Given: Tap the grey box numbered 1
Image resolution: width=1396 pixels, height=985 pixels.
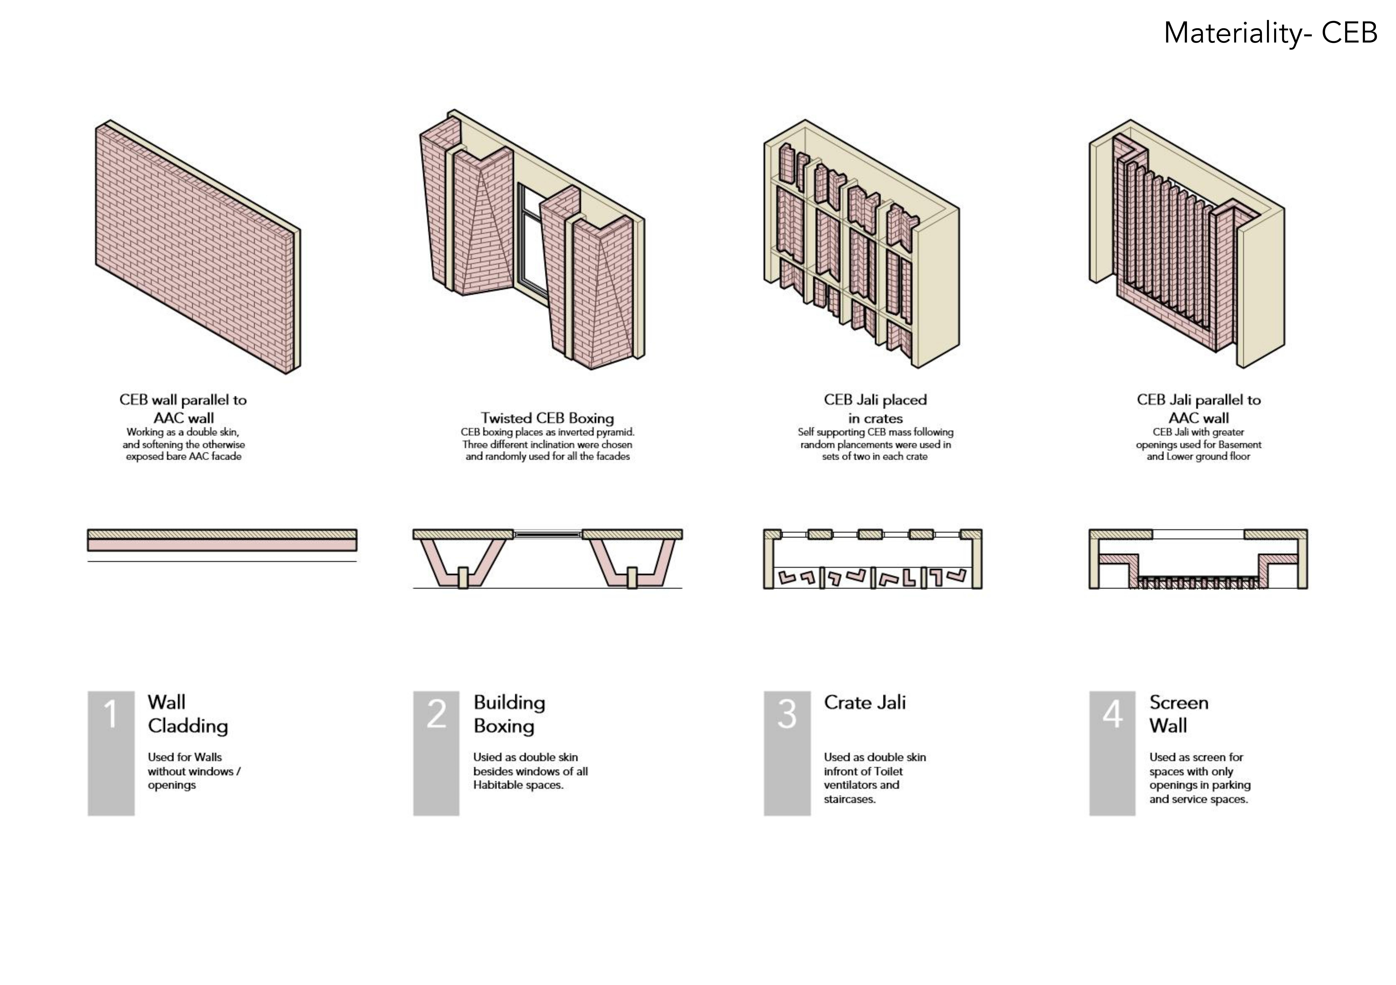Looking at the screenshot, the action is click(111, 753).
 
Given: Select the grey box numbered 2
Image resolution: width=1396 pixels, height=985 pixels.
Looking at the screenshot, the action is click(436, 753).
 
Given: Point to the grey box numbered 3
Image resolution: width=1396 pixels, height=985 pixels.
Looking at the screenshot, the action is click(787, 753).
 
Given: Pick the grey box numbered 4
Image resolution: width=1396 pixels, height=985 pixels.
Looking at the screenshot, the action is click(1112, 753).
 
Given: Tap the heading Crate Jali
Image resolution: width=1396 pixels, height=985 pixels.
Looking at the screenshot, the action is click(865, 702).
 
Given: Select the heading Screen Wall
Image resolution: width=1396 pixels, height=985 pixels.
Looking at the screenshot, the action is click(1178, 714).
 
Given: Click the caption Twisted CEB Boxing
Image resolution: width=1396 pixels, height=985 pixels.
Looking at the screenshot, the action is click(547, 418).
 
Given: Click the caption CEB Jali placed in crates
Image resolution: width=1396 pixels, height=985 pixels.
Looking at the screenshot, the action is click(875, 409).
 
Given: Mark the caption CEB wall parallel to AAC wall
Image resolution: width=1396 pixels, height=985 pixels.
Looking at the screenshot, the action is click(183, 409).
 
